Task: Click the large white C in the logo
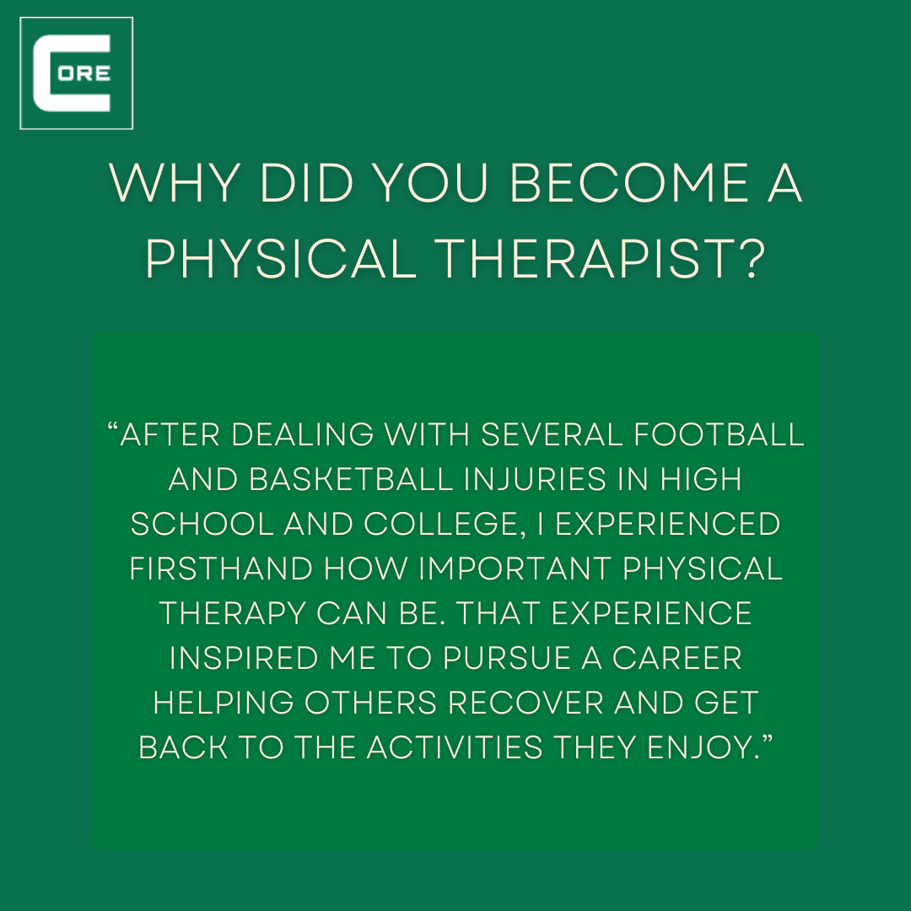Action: pos(44,73)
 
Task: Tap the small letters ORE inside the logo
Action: pos(84,73)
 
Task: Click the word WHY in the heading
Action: pos(175,184)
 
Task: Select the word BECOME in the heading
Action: pos(629,184)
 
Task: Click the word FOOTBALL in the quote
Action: pos(719,434)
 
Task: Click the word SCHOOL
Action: pos(202,524)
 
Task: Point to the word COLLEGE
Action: pos(445,525)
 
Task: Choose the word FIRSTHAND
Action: pos(221,569)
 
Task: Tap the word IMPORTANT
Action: pos(515,569)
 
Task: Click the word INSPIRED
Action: pos(244,658)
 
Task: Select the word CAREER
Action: pos(677,658)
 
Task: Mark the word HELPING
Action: pos(223,703)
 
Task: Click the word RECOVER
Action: pos(526,703)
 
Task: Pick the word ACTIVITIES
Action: pos(455,747)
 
